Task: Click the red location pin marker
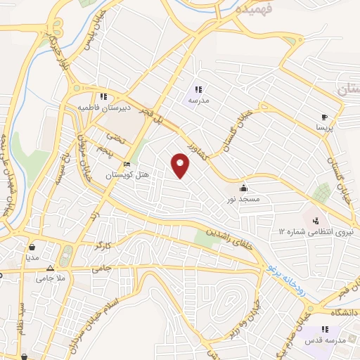click(181, 166)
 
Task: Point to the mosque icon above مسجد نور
click(243, 188)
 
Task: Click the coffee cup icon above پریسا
click(323, 117)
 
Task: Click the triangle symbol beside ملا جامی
click(49, 269)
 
